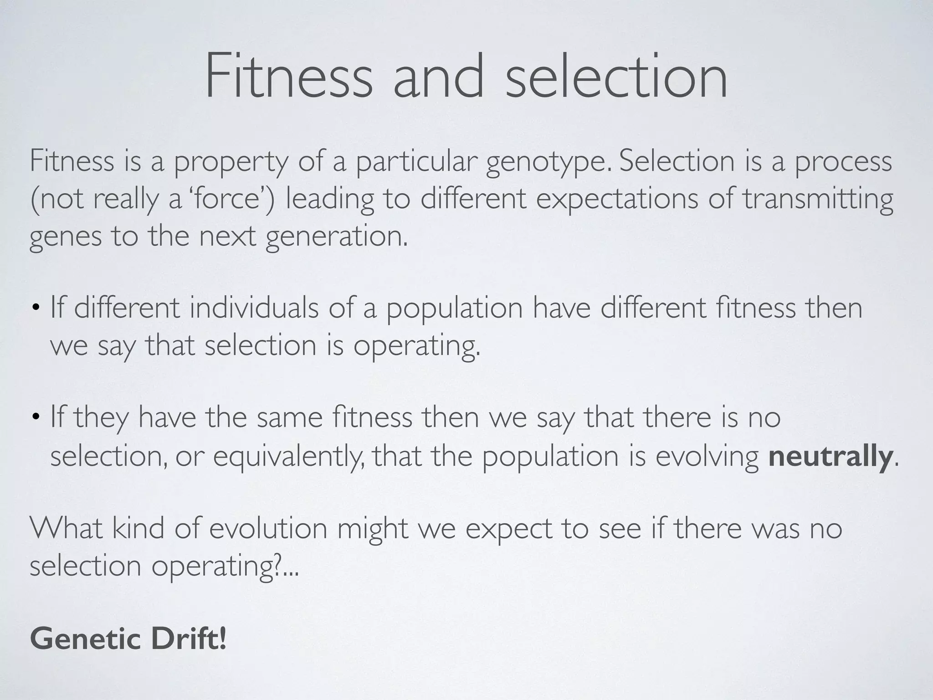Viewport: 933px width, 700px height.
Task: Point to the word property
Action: pyautogui.click(x=232, y=162)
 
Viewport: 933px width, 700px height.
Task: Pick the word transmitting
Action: pyautogui.click(x=818, y=200)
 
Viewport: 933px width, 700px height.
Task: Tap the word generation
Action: pyautogui.click(x=336, y=237)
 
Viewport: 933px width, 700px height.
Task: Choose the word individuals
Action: pyautogui.click(x=254, y=308)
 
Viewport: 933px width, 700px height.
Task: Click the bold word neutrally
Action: pyautogui.click(x=830, y=456)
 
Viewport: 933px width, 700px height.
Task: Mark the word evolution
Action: pyautogui.click(x=269, y=529)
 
